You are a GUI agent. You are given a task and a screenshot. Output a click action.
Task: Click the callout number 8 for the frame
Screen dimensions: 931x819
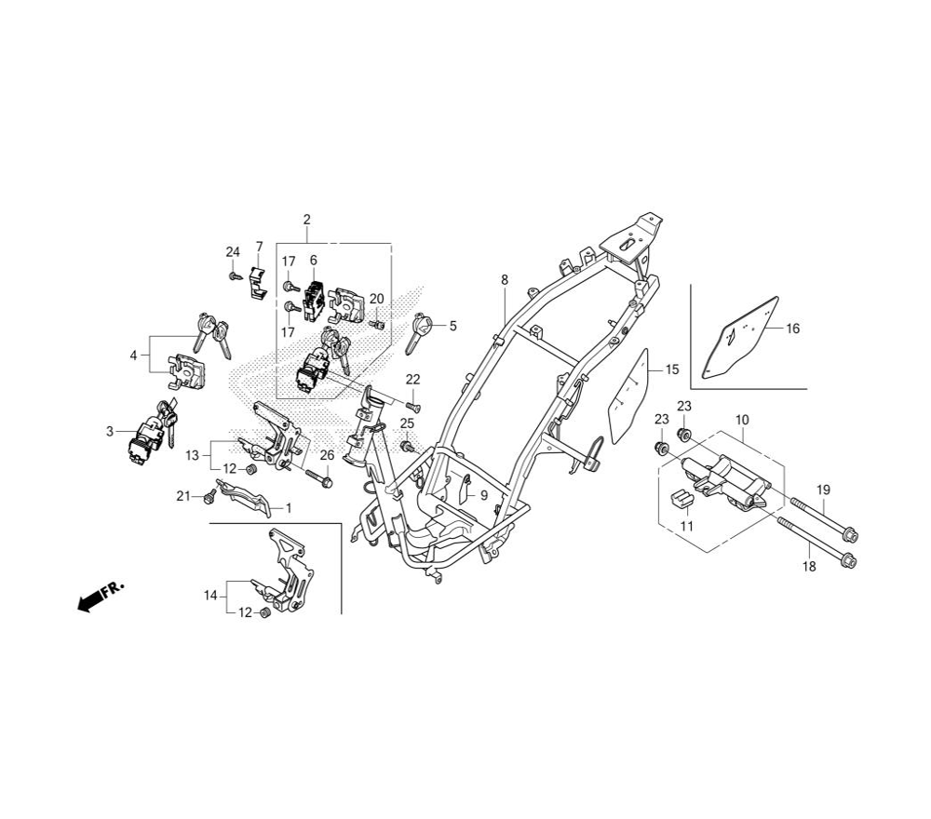504,279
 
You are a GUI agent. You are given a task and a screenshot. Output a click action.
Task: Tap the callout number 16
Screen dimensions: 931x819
792,329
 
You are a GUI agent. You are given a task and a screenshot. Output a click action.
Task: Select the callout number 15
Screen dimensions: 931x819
671,369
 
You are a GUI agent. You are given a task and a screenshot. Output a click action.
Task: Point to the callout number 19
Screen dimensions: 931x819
823,490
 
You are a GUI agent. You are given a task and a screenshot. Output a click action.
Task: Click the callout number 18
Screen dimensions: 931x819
809,567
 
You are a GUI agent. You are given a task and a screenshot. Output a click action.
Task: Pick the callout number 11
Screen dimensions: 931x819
686,526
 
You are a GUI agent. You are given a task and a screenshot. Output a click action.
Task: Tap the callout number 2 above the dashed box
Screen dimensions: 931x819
306,219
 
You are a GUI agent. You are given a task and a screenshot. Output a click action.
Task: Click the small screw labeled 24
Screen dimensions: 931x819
236,276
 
